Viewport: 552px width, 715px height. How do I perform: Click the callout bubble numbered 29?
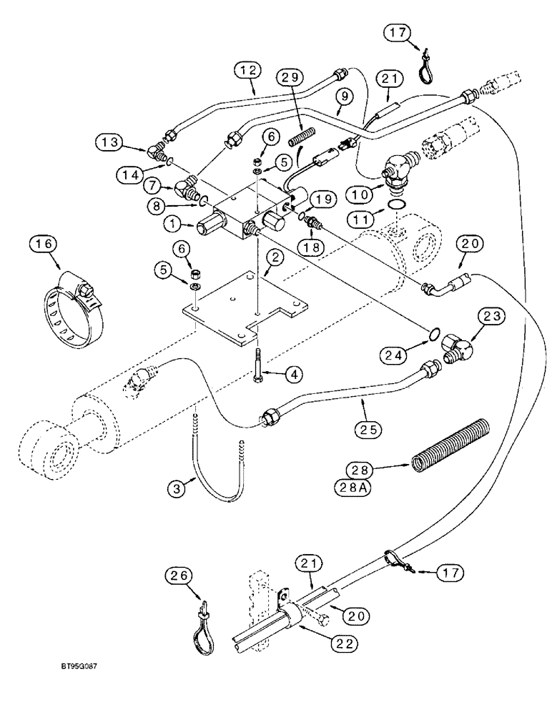pyautogui.click(x=292, y=77)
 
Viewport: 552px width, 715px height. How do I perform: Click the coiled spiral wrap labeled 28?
pyautogui.click(x=450, y=445)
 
